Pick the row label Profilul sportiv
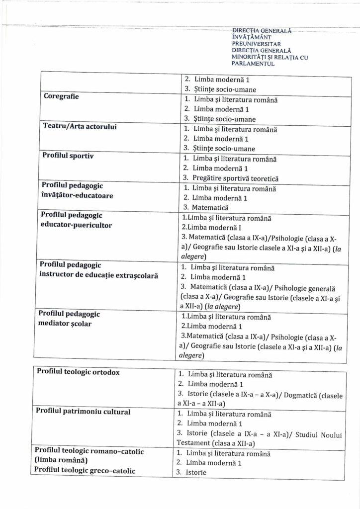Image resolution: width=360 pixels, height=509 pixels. point(68,156)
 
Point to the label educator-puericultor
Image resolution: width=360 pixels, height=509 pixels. point(76,225)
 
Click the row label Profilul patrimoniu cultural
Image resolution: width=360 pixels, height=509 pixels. point(83,412)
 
